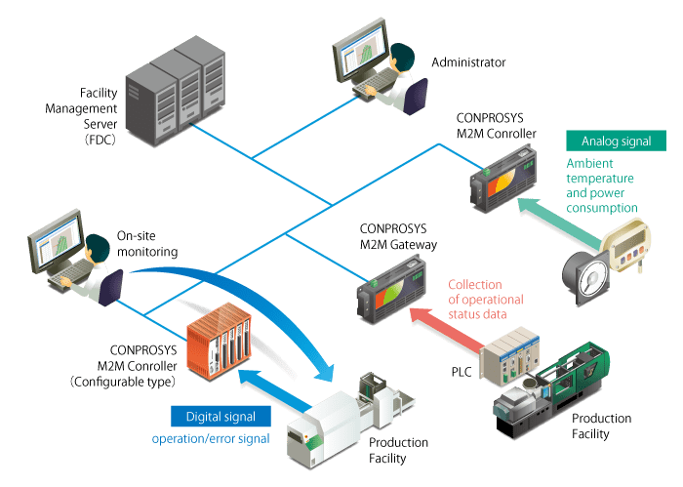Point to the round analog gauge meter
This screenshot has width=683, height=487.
pos(585,273)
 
